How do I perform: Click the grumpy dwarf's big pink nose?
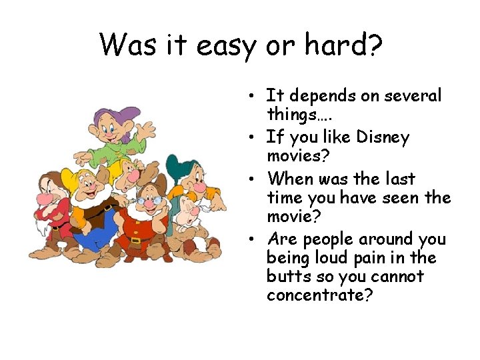click(x=46, y=198)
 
